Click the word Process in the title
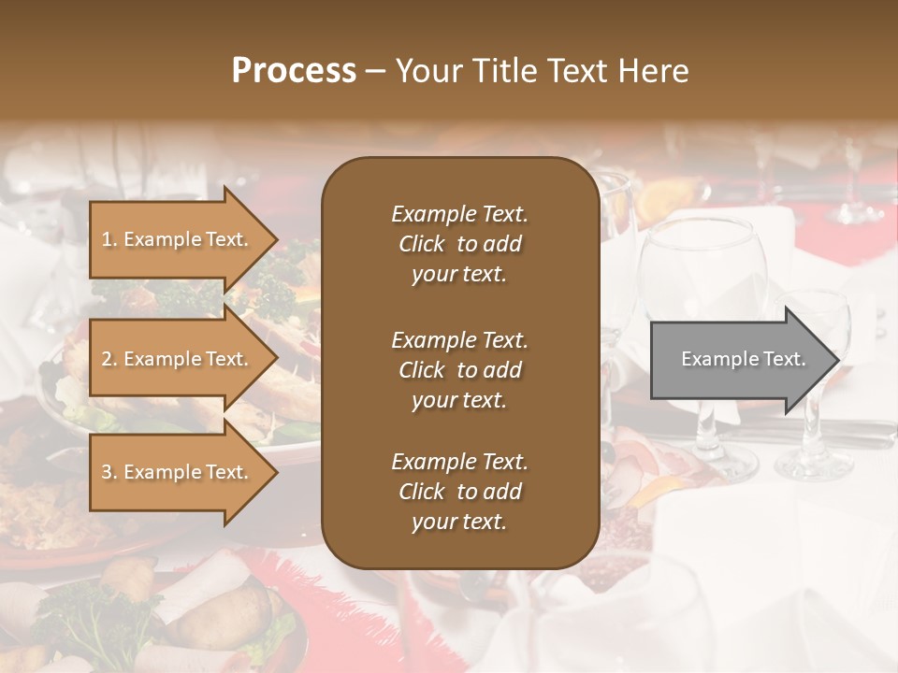294,71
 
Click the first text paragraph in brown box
459,244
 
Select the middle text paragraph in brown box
459,369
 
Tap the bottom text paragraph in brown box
459,492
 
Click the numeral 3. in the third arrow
109,472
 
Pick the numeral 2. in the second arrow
109,359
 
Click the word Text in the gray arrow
785,359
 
